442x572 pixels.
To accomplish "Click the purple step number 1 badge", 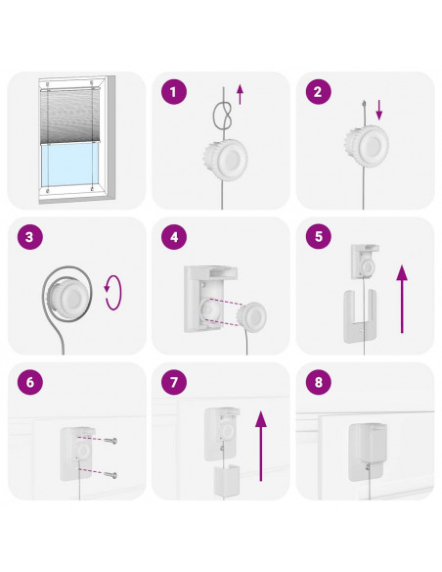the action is pyautogui.click(x=174, y=91).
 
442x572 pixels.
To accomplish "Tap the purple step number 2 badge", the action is pyautogui.click(x=319, y=91).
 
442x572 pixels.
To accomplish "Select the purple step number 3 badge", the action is pyautogui.click(x=30, y=237).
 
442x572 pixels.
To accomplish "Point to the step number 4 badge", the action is pyautogui.click(x=174, y=237).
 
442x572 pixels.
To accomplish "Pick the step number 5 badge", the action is pyautogui.click(x=319, y=236).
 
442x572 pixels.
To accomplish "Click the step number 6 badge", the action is pyautogui.click(x=30, y=382).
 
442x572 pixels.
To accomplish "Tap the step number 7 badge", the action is pyautogui.click(x=174, y=382).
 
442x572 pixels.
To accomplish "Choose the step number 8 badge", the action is pyautogui.click(x=319, y=382).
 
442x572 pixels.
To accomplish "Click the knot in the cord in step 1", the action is pyautogui.click(x=222, y=116).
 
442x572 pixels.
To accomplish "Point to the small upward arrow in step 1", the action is pyautogui.click(x=240, y=94).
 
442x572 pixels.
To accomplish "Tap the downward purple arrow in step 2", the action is pyautogui.click(x=379, y=110).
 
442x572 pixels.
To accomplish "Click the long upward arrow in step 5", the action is pyautogui.click(x=402, y=299).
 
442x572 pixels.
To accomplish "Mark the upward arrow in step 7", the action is pyautogui.click(x=261, y=446).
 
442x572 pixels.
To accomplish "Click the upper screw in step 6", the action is pyautogui.click(x=110, y=441).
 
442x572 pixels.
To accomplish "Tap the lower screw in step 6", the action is pyautogui.click(x=110, y=475).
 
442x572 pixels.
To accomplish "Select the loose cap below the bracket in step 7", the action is pyautogui.click(x=226, y=480).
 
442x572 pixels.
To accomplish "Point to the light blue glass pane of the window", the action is pyautogui.click(x=69, y=165).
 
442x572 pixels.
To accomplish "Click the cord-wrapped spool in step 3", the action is pyautogui.click(x=67, y=296).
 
